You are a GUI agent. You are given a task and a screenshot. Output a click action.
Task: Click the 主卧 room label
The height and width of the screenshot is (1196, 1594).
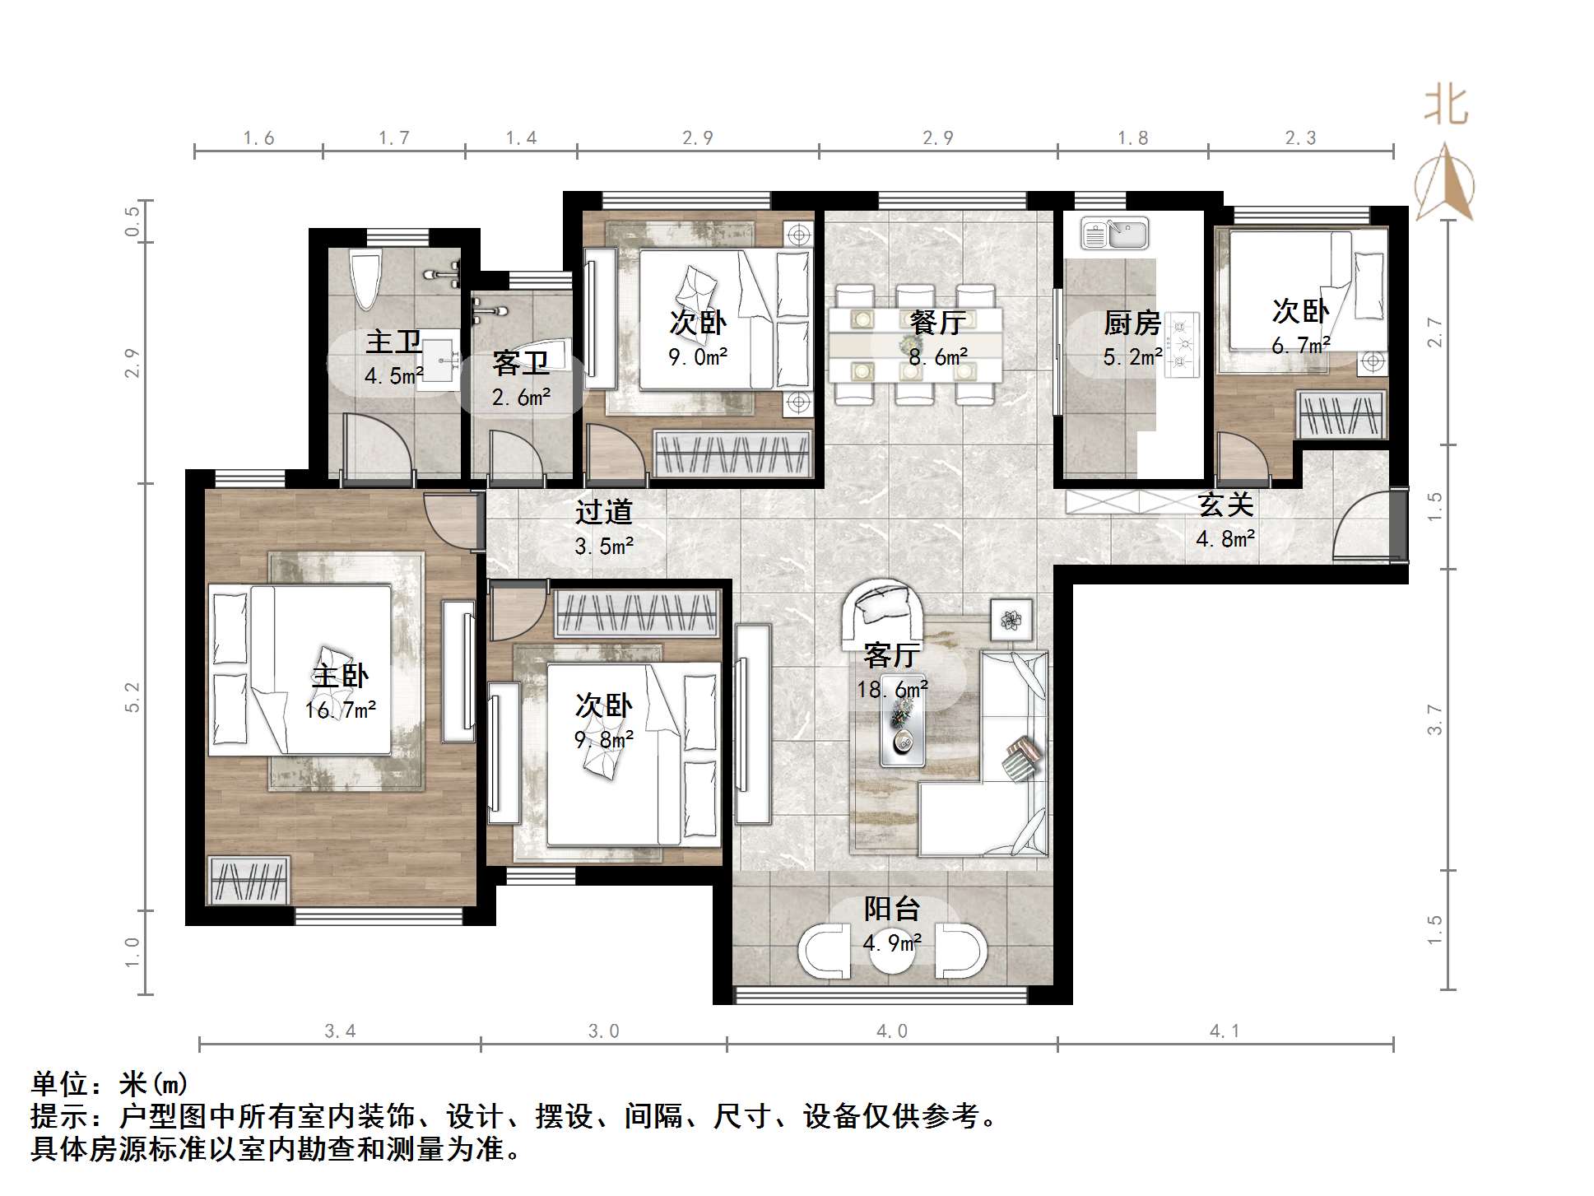[340, 677]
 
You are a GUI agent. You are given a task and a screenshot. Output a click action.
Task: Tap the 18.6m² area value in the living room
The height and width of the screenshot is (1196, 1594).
[892, 690]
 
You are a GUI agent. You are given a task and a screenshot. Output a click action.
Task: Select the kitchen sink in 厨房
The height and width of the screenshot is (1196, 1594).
[1115, 233]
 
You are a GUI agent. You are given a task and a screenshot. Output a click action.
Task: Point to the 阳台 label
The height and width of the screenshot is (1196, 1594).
[892, 910]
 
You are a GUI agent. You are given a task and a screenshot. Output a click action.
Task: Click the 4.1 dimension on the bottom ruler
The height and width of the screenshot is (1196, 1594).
[1225, 1031]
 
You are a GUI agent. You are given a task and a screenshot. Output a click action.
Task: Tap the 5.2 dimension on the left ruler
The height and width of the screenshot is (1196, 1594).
[132, 697]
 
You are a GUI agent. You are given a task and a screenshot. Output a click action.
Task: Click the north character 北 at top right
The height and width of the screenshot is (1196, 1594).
[1446, 106]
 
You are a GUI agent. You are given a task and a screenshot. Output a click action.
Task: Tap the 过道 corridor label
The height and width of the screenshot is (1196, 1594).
[603, 512]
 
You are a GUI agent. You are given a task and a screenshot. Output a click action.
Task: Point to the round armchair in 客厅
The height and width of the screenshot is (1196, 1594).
[882, 611]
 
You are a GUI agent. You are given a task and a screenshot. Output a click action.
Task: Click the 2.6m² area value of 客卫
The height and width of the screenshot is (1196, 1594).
[521, 398]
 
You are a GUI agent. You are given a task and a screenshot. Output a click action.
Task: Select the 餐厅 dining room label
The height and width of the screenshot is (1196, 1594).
[936, 323]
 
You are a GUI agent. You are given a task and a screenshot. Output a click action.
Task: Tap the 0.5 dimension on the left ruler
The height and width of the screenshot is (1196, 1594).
[132, 221]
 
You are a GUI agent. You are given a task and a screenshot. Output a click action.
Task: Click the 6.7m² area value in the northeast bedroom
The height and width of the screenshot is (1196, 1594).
[1300, 347]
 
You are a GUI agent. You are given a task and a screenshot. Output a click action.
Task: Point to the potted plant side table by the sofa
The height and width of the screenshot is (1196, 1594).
[1011, 618]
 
